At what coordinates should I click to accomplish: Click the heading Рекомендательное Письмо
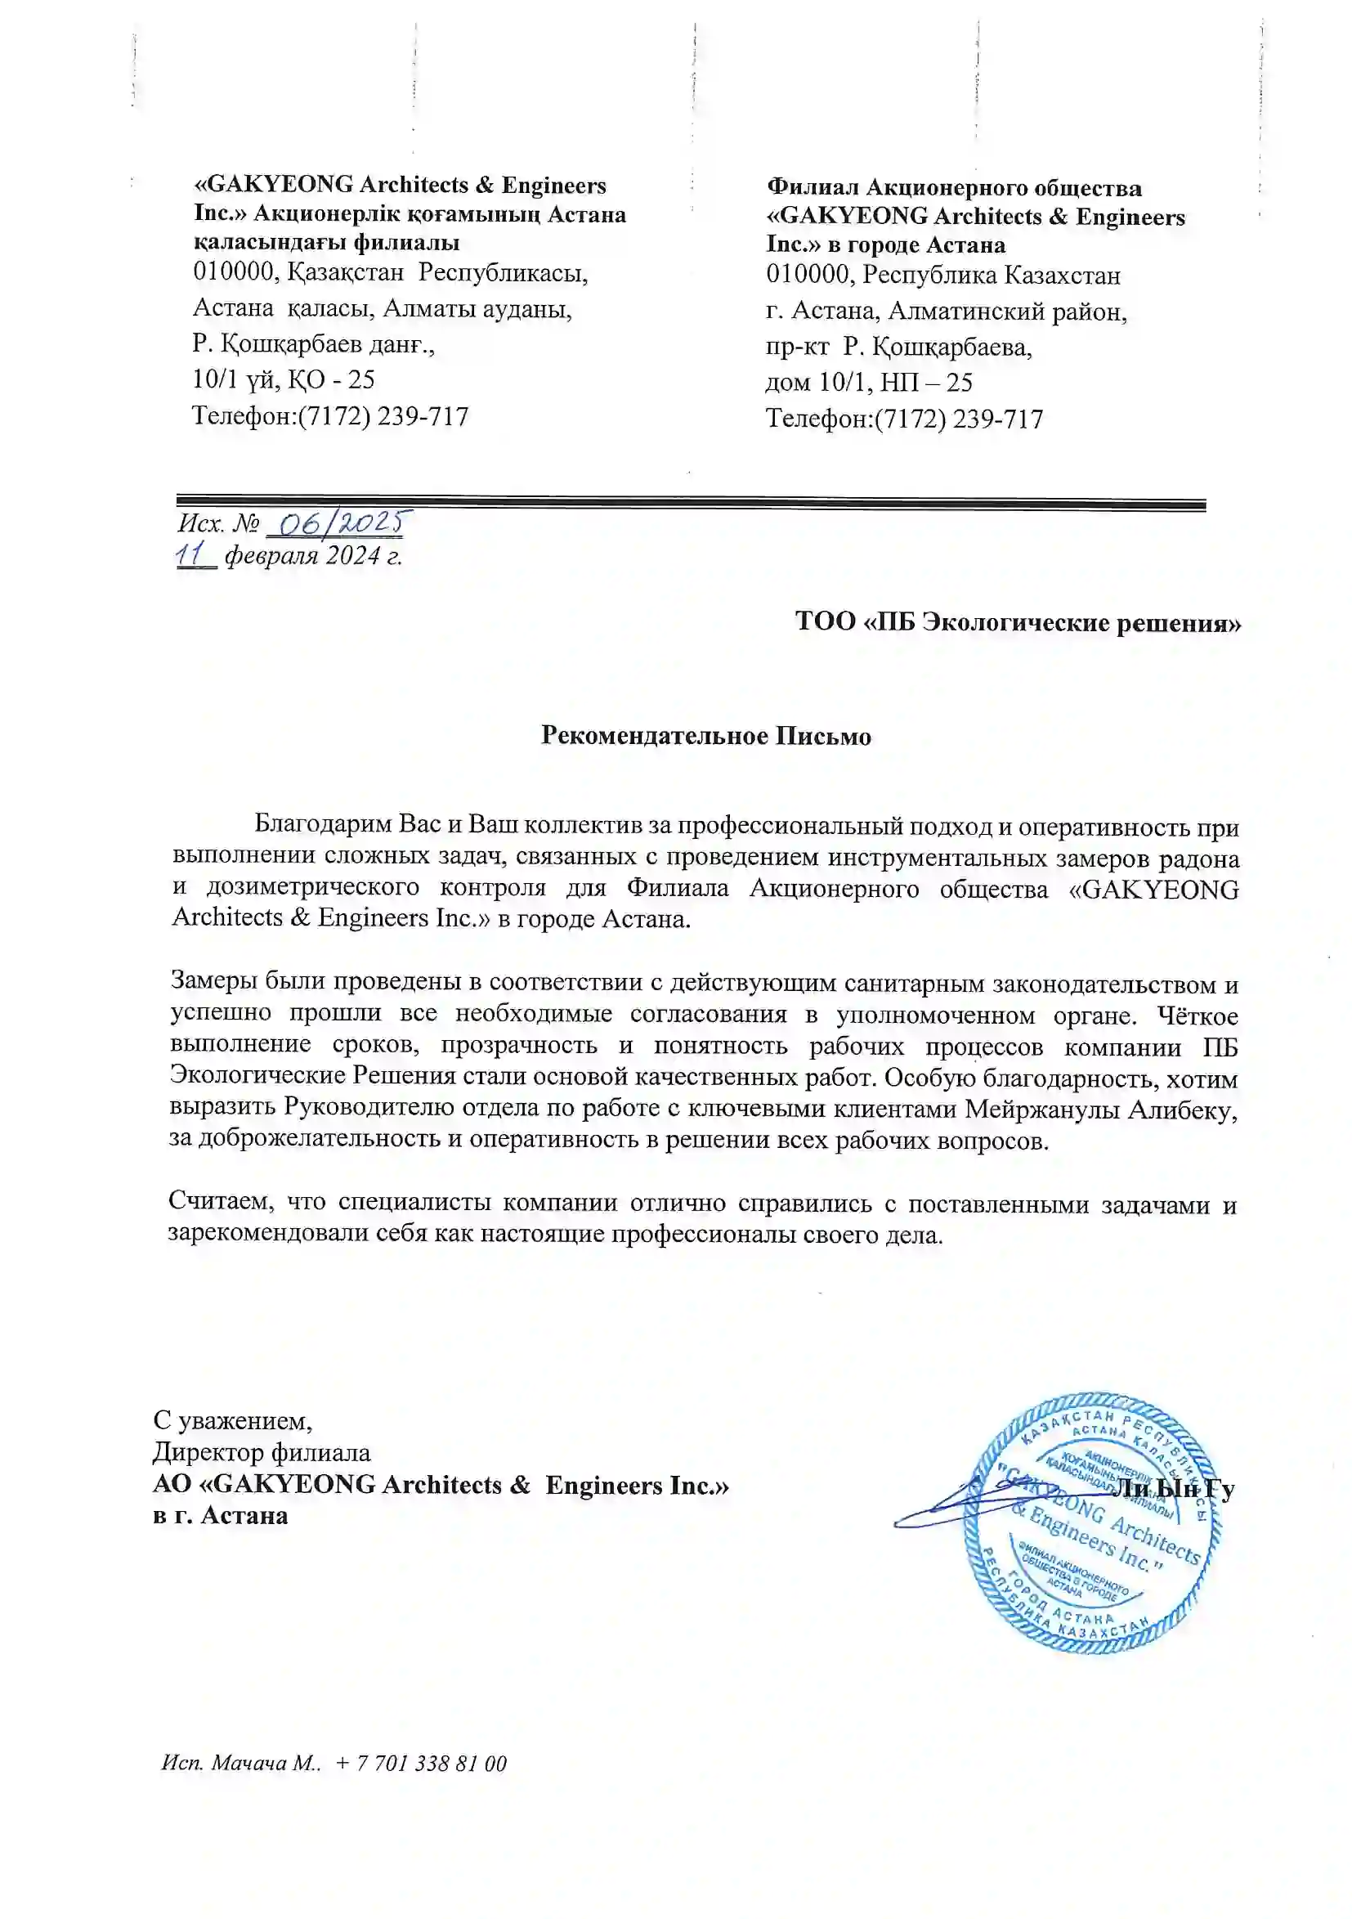pos(705,736)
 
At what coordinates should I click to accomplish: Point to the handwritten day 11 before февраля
pos(192,555)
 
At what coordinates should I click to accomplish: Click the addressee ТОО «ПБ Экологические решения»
pos(1017,623)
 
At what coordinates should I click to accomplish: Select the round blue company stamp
pos(1093,1522)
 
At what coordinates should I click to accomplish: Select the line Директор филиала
pos(262,1453)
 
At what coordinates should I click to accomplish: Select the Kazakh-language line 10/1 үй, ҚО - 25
pos(284,380)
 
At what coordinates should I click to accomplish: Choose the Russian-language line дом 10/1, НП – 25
pos(869,383)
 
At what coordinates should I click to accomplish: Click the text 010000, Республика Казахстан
pos(943,275)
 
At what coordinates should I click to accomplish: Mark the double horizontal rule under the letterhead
pos(690,503)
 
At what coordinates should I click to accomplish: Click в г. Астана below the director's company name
pos(221,1515)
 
